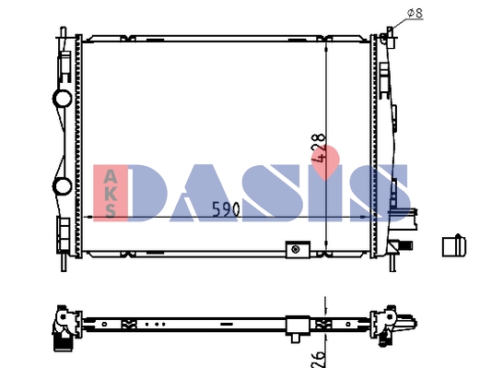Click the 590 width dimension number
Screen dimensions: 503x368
226,209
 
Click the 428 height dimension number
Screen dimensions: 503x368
318,148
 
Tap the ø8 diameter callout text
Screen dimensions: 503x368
415,13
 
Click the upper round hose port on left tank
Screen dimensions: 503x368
62,99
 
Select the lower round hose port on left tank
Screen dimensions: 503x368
62,186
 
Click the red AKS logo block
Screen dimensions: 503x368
111,193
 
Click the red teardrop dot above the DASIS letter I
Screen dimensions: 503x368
325,161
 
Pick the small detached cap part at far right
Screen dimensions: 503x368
453,245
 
